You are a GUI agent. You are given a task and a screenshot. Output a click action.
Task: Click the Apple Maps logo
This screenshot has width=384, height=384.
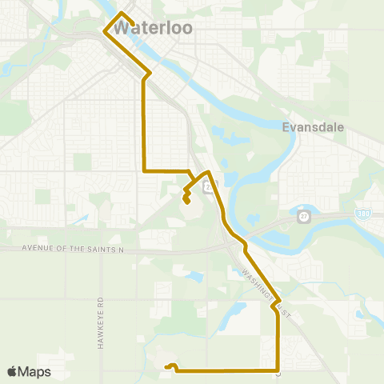pyautogui.click(x=29, y=371)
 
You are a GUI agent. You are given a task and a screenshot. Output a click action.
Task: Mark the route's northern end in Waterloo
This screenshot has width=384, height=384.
pyautogui.click(x=121, y=14)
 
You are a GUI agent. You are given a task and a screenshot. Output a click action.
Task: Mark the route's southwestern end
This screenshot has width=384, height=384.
pyautogui.click(x=167, y=367)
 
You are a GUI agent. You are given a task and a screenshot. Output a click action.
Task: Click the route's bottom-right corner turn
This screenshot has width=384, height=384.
pyautogui.click(x=278, y=370)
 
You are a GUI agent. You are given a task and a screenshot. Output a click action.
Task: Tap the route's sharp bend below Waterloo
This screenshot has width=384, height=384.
pyautogui.click(x=150, y=74)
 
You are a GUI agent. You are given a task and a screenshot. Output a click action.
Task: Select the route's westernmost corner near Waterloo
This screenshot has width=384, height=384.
pyautogui.click(x=104, y=32)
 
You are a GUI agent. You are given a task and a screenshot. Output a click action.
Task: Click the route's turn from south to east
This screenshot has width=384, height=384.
pyautogui.click(x=143, y=170)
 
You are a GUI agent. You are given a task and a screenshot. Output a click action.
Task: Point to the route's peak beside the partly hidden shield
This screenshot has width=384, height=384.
pyautogui.click(x=208, y=172)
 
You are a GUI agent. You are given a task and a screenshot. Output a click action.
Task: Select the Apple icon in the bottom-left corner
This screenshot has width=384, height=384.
pyautogui.click(x=12, y=371)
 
